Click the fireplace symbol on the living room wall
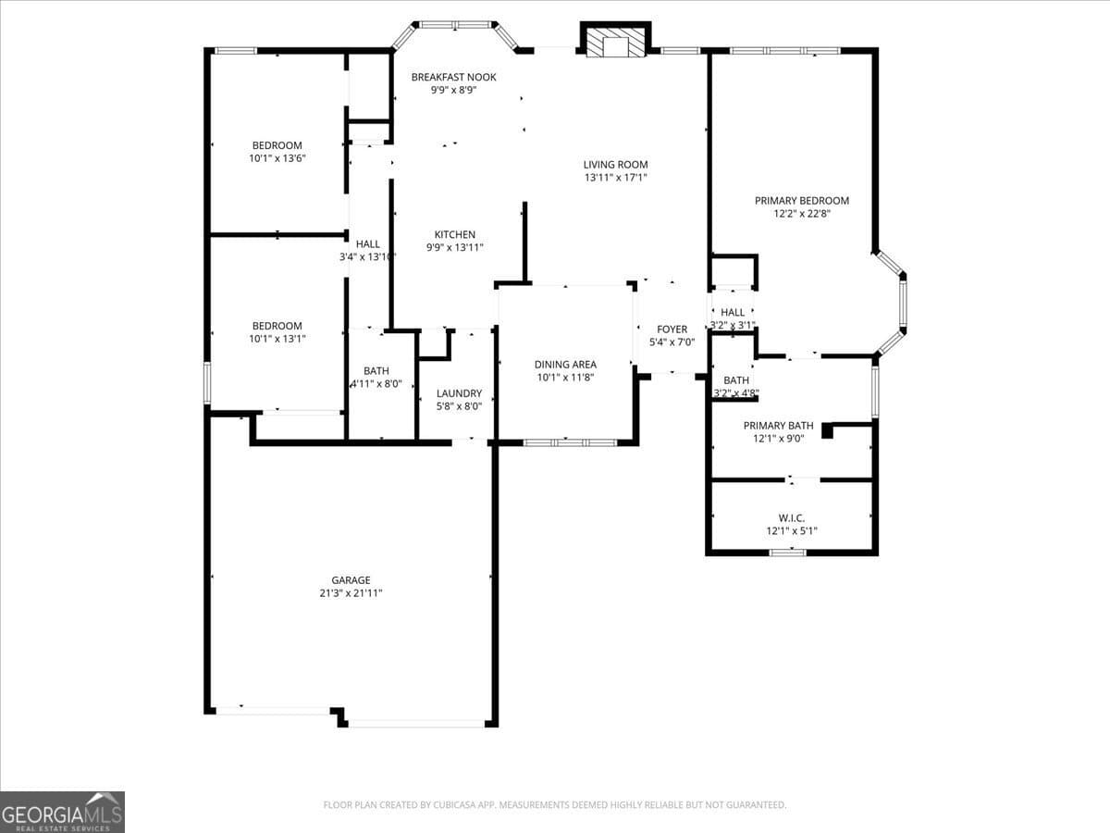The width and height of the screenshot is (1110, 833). pyautogui.click(x=615, y=42)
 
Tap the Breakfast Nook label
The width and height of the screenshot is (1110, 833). pyautogui.click(x=453, y=77)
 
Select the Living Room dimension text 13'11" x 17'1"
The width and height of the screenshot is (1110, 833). pyautogui.click(x=615, y=178)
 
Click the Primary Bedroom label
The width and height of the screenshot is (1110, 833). pyautogui.click(x=801, y=201)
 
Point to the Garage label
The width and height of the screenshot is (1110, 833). pyautogui.click(x=351, y=580)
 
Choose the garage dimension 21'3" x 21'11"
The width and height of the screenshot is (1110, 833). pyautogui.click(x=351, y=593)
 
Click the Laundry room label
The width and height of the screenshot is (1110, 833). pyautogui.click(x=459, y=393)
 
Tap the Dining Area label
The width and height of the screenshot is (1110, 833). pyautogui.click(x=565, y=365)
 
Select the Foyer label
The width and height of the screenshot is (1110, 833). pyautogui.click(x=672, y=329)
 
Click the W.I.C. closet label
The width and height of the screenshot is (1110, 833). pyautogui.click(x=791, y=518)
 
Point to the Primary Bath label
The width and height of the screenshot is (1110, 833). pyautogui.click(x=779, y=426)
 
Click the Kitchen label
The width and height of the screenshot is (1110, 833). pyautogui.click(x=454, y=235)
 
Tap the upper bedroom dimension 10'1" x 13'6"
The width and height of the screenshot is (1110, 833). pyautogui.click(x=277, y=158)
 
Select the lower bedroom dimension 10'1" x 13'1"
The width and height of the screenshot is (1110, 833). pyautogui.click(x=277, y=339)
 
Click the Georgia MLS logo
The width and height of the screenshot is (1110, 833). pyautogui.click(x=62, y=812)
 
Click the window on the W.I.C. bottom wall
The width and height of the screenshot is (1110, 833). pyautogui.click(x=787, y=553)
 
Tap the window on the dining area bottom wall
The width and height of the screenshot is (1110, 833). pyautogui.click(x=570, y=443)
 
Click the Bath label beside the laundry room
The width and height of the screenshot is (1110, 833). pyautogui.click(x=376, y=371)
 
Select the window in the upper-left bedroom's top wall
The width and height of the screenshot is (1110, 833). pyautogui.click(x=235, y=50)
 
